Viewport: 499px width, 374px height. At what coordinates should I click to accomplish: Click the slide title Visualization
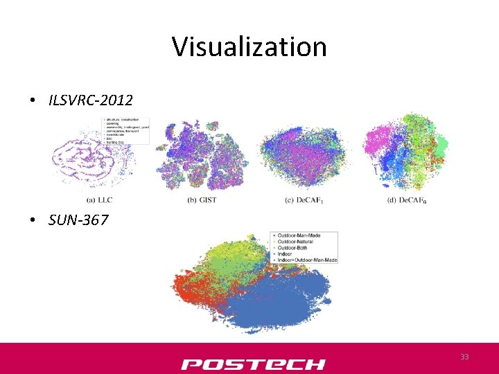click(249, 47)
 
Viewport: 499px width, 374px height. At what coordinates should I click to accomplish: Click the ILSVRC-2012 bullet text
click(90, 100)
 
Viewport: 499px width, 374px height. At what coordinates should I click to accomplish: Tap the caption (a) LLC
click(101, 200)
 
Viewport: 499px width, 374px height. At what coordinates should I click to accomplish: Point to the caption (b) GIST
click(202, 200)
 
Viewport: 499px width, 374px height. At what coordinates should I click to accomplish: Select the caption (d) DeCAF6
click(407, 200)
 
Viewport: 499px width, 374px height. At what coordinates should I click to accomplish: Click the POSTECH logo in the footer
click(253, 364)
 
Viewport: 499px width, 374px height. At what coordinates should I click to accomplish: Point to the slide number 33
click(465, 357)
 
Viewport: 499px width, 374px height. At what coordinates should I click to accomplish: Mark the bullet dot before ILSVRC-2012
click(33, 101)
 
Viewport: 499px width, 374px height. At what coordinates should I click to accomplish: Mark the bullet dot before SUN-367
click(33, 221)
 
